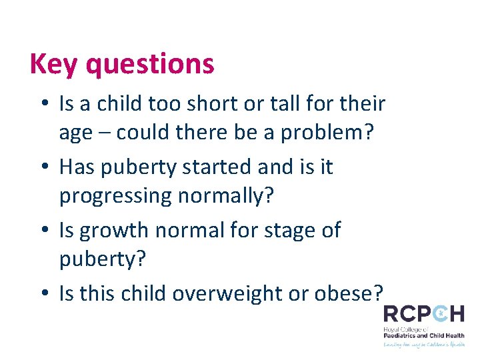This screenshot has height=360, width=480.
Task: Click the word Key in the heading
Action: (54, 64)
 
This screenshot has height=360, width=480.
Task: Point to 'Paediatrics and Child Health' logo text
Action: (424, 335)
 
